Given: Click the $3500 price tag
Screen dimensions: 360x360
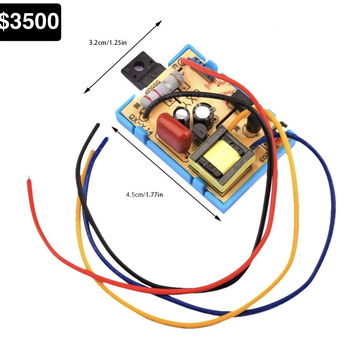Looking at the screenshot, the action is point(29,22).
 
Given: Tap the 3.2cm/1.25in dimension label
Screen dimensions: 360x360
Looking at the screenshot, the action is point(108,43).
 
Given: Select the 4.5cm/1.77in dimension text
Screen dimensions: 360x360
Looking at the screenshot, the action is point(144,194).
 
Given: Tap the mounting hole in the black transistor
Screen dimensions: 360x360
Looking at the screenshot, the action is point(137,63).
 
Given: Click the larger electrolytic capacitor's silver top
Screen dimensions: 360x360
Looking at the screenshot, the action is point(202,111).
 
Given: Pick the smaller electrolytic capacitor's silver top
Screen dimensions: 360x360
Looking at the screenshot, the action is point(183,114).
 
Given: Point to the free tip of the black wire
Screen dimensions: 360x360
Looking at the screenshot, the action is point(98,125).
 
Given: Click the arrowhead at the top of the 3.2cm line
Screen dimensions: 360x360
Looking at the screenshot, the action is point(159,23).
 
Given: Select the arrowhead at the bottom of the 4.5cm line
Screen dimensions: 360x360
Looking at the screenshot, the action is point(218,218).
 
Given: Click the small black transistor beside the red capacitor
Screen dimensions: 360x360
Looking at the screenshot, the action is point(199,130).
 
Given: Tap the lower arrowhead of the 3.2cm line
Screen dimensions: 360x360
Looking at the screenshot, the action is point(86,90).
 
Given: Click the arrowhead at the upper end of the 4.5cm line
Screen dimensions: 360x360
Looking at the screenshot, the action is point(115,129).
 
